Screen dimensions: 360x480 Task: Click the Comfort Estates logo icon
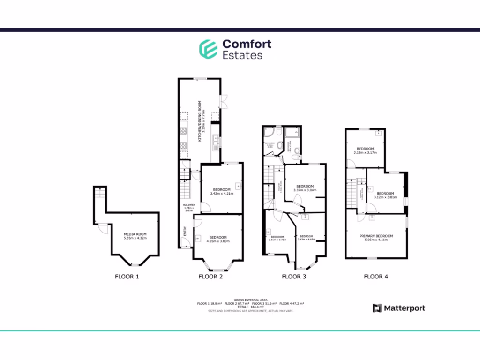pos(208,49)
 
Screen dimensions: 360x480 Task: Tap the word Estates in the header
pos(242,55)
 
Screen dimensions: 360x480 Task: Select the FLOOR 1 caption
pos(127,276)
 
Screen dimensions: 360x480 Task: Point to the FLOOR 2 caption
pos(210,276)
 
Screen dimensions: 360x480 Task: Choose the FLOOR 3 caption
pos(294,276)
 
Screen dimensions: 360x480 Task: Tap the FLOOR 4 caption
pos(376,276)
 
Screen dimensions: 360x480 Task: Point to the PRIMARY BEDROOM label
pos(376,236)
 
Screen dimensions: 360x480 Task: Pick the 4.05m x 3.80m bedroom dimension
pos(218,241)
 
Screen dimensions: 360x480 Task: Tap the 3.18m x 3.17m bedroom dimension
pos(365,152)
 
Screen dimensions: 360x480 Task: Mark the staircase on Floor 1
pos(99,199)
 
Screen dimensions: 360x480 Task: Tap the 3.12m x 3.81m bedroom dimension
pos(385,197)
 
